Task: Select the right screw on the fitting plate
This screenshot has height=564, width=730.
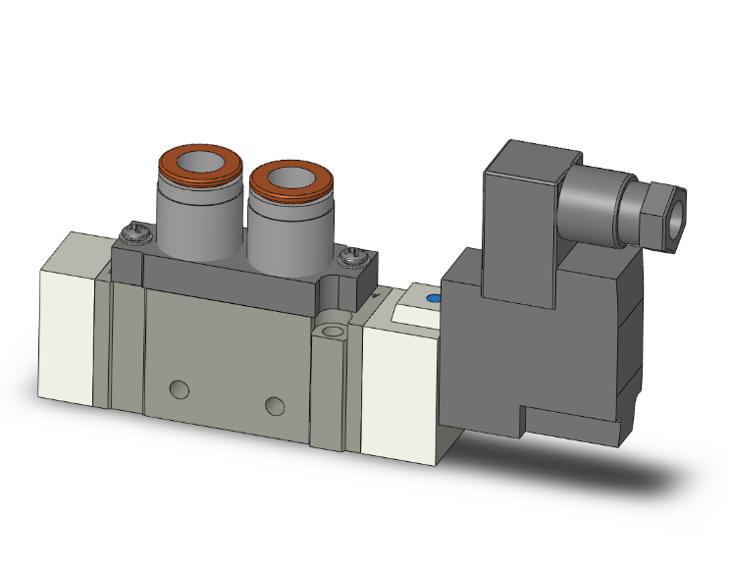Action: pos(352,257)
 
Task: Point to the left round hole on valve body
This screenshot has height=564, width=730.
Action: pos(178,389)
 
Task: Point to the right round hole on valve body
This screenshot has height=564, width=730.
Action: pos(275,405)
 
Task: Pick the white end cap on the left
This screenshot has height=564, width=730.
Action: pos(69,324)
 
